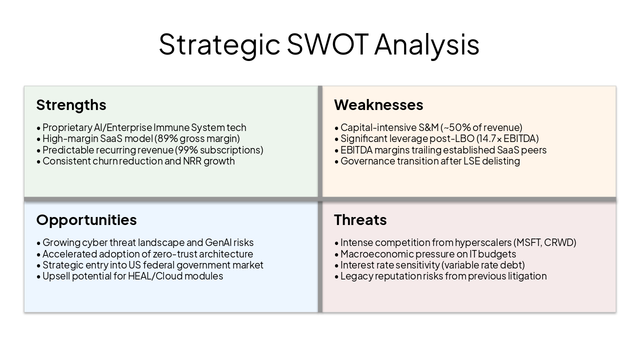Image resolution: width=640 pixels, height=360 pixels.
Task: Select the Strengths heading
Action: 71,105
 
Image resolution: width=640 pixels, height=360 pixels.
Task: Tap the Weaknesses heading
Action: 378,105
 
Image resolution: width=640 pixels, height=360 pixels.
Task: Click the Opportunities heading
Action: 86,220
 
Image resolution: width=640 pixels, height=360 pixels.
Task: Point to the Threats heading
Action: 360,220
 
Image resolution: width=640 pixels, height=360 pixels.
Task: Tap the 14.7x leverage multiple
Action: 487,138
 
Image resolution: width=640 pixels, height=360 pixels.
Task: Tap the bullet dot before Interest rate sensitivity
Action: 336,265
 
